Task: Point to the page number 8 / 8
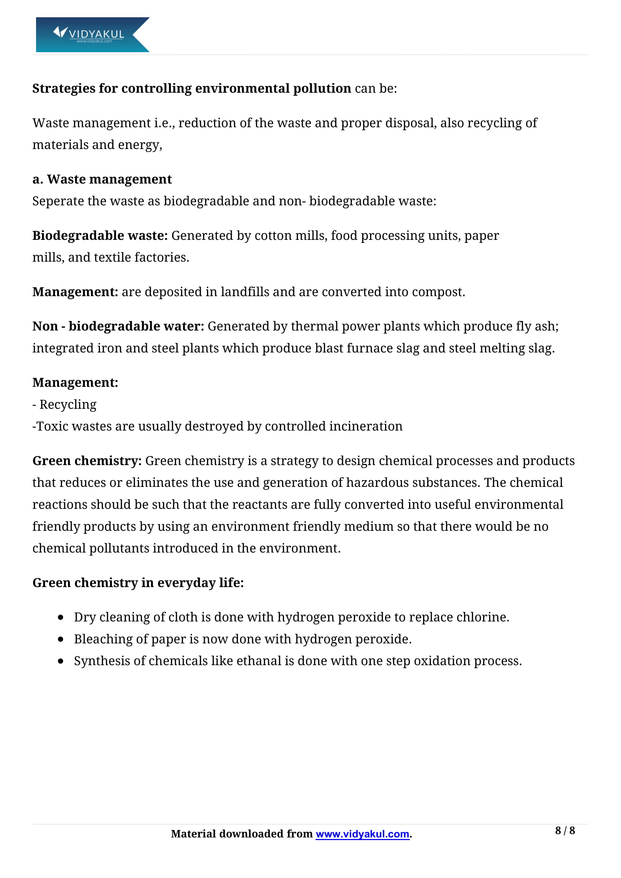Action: tap(565, 831)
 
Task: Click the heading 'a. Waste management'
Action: tap(102, 179)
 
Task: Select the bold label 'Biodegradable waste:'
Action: tap(100, 236)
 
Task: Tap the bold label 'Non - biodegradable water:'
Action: tap(118, 326)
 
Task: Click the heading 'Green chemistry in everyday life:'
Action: tap(138, 583)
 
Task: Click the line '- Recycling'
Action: tap(65, 405)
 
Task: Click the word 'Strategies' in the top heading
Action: tap(63, 88)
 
